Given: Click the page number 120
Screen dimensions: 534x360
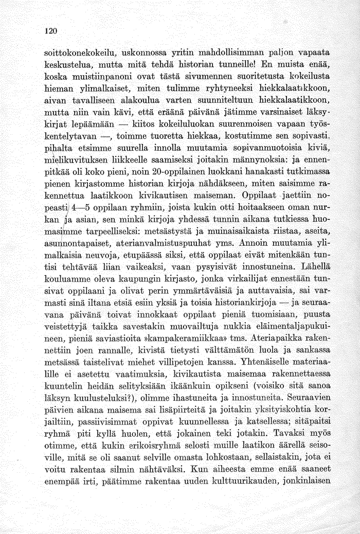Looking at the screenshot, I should (50, 30).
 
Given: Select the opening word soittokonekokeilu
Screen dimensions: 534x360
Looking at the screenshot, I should (77, 54).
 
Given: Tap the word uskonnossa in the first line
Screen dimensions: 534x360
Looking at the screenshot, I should (136, 54).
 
